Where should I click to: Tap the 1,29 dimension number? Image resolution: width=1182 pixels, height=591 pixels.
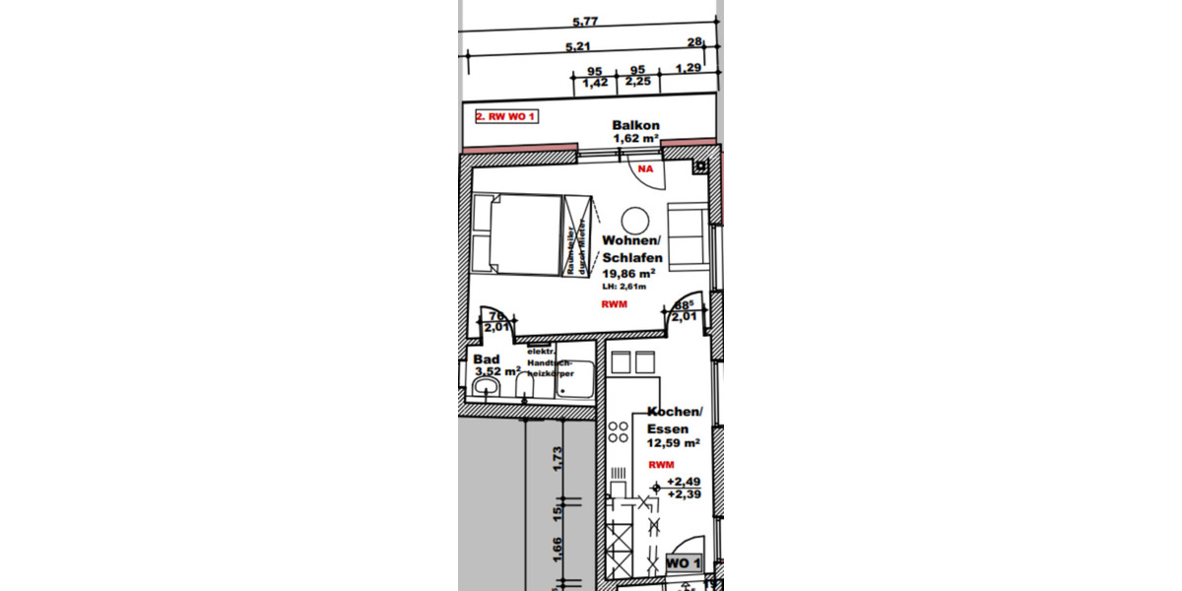pyautogui.click(x=688, y=69)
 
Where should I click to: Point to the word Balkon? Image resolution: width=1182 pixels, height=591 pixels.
pyautogui.click(x=635, y=126)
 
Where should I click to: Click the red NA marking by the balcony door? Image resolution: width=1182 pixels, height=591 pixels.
pyautogui.click(x=646, y=169)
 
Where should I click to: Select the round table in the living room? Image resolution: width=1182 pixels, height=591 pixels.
pyautogui.click(x=633, y=220)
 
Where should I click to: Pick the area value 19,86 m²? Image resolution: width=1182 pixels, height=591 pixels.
pyautogui.click(x=629, y=272)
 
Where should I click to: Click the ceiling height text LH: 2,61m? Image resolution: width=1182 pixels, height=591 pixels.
pyautogui.click(x=624, y=287)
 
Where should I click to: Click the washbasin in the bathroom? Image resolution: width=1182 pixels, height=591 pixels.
pyautogui.click(x=485, y=391)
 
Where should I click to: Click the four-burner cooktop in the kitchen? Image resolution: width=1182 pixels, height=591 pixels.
pyautogui.click(x=619, y=431)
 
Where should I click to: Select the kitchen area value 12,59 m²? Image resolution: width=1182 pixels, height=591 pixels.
pyautogui.click(x=673, y=444)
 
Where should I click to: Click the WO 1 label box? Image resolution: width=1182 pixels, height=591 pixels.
pyautogui.click(x=684, y=562)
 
